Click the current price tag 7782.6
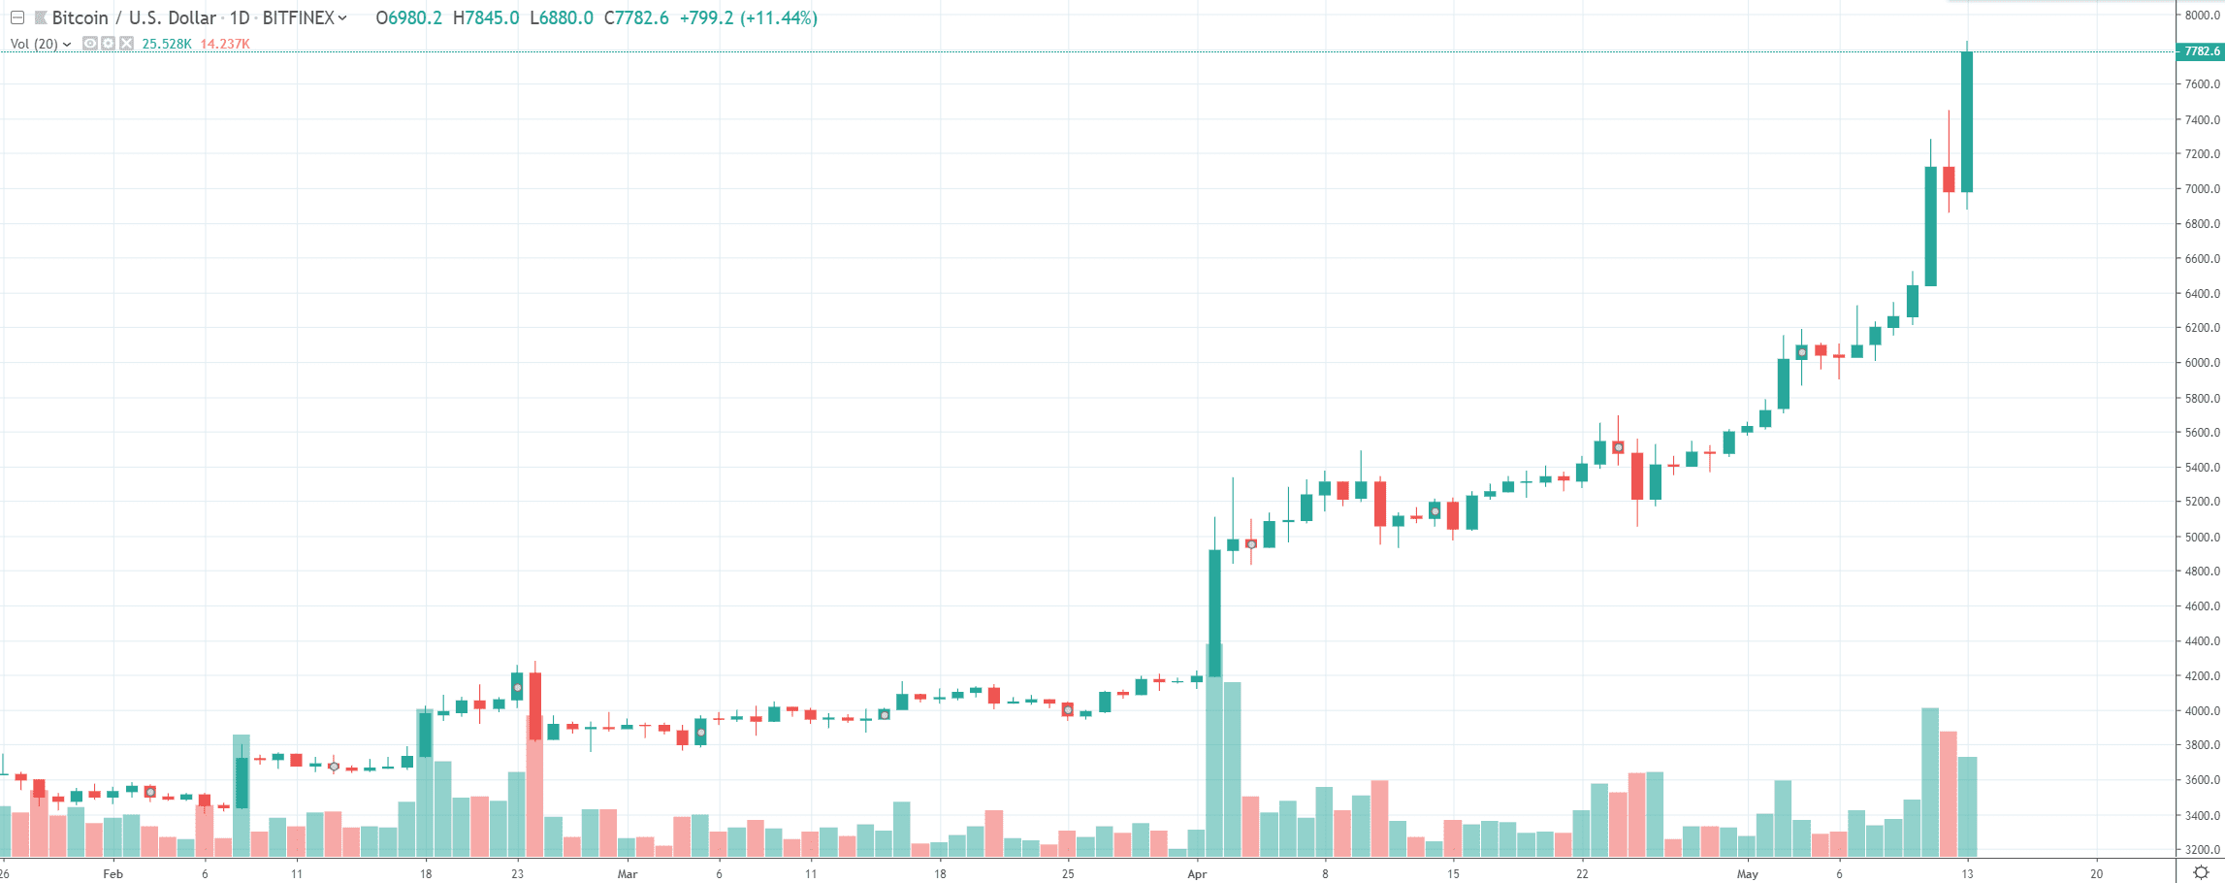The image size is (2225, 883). [2200, 51]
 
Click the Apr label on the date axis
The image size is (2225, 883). [1197, 873]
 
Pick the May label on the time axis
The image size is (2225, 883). [1747, 873]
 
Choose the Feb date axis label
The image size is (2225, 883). [113, 873]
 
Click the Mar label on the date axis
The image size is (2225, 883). [628, 873]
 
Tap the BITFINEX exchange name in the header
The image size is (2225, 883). [299, 18]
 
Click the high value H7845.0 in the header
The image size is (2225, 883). [486, 18]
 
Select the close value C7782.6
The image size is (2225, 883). [636, 18]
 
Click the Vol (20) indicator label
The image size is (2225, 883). [35, 44]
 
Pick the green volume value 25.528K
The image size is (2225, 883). [167, 44]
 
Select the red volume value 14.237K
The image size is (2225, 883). [225, 44]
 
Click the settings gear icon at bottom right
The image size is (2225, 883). [2201, 872]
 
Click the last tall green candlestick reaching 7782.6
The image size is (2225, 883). [1967, 121]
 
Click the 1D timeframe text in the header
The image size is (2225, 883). [240, 18]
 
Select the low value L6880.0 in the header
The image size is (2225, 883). [562, 18]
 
